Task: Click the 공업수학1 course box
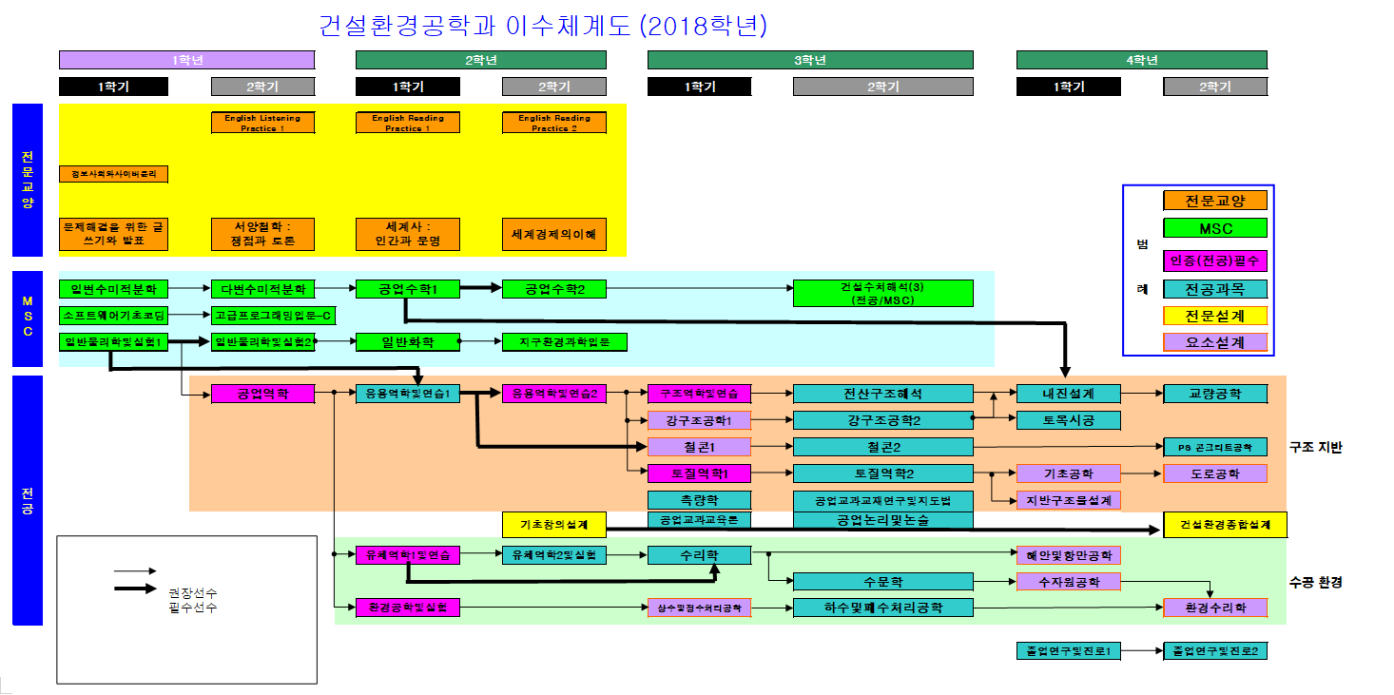click(x=408, y=288)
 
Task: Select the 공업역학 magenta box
click(x=262, y=394)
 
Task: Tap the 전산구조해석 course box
click(x=882, y=394)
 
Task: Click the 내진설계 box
click(x=1068, y=394)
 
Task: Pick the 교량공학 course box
click(x=1215, y=394)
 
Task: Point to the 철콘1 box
click(x=699, y=447)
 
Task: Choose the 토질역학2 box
click(x=882, y=473)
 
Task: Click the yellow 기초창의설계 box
click(x=553, y=524)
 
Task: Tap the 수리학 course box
click(x=699, y=555)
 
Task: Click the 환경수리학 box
click(x=1215, y=608)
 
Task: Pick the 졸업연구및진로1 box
click(x=1068, y=651)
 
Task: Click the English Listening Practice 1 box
click(x=262, y=123)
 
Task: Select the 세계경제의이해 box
click(x=553, y=234)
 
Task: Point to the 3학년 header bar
click(x=810, y=60)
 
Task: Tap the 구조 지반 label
click(x=1316, y=447)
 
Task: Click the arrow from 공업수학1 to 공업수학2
click(x=481, y=288)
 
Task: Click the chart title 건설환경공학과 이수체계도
click(x=543, y=24)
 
